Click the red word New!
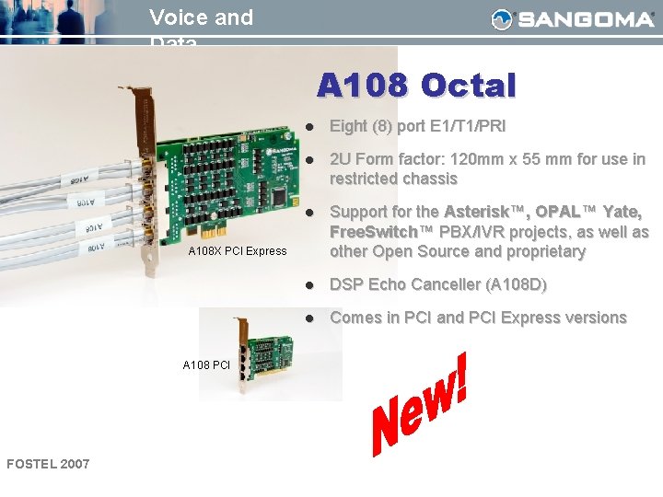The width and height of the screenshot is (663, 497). pos(419,410)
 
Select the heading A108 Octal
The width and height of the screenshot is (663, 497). pos(416,86)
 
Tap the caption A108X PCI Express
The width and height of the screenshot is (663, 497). pos(238,251)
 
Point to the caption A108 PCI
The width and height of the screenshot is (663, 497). pos(206,365)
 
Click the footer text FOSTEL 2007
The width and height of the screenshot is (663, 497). pos(48,463)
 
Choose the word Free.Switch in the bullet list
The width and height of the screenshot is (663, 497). pos(372,231)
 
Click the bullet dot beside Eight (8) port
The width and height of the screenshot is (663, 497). pos(311,126)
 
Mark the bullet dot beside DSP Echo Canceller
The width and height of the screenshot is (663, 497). pos(311,285)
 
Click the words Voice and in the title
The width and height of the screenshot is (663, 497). pos(201,17)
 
